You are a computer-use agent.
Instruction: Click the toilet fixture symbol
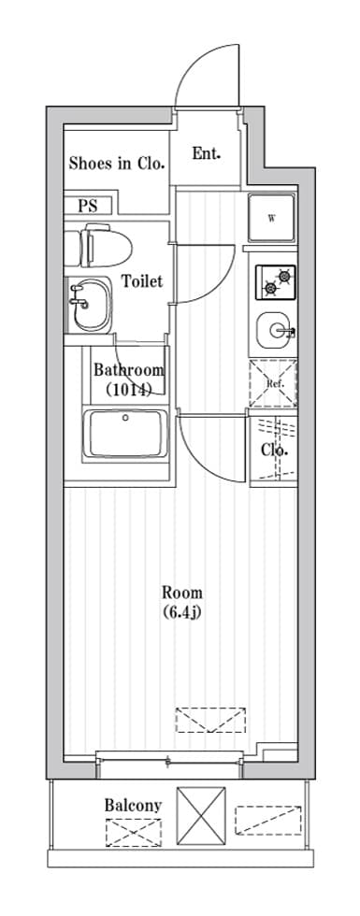pos(97,247)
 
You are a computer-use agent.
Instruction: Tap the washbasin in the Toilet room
pos(91,304)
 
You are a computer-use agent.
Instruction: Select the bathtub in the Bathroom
pos(125,434)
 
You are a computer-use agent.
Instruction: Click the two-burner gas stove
pos(275,282)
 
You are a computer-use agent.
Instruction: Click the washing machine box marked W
pos(272,219)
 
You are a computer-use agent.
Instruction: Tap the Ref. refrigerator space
pos(273,384)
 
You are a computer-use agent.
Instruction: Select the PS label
pos(88,206)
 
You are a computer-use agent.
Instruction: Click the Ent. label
pos(207,153)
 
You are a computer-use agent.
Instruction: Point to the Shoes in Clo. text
pos(116,163)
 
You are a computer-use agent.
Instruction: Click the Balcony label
pos(133,805)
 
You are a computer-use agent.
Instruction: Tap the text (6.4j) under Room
pos(182,613)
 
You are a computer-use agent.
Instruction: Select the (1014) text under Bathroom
pos(129,389)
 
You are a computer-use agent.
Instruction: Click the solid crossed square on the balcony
pos(201,815)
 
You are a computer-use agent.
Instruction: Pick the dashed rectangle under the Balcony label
pos(133,833)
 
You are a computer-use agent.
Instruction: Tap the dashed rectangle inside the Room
pos(210,720)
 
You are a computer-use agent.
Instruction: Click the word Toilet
pos(142,281)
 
